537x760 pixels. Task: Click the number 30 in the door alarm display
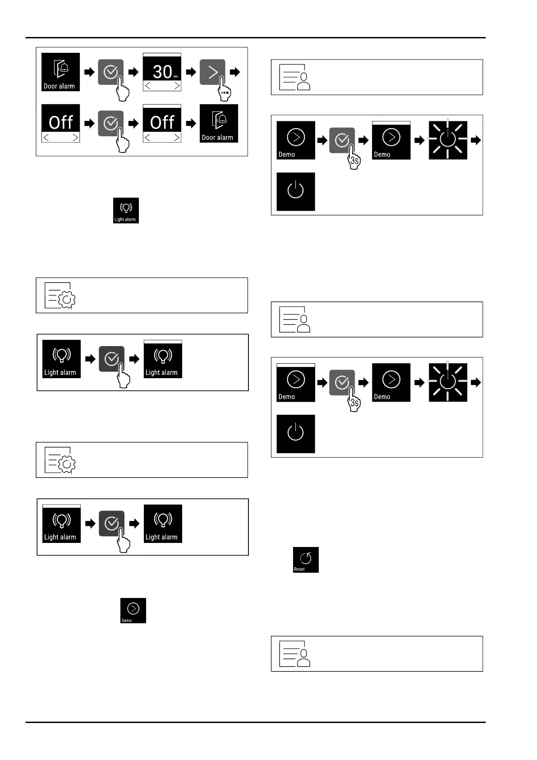pos(162,71)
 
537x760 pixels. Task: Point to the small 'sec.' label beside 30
pos(176,77)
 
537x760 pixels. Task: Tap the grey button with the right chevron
pos(212,72)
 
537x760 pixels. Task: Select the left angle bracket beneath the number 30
pos(147,86)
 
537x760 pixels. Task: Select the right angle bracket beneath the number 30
pos(177,86)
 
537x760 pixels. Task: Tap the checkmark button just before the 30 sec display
pos(110,72)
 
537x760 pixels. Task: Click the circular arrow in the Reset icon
pos(306,558)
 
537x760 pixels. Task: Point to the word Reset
pos(299,570)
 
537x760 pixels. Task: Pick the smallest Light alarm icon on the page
pos(126,210)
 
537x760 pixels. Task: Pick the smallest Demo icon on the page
pos(133,611)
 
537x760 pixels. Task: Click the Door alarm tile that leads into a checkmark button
pos(60,72)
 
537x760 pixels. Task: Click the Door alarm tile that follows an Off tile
pos(219,124)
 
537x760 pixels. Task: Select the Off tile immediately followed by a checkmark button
pos(60,124)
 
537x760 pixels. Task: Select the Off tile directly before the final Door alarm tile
pos(162,124)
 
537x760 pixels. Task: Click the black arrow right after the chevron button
pos(235,72)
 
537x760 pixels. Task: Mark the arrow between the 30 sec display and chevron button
pos(191,72)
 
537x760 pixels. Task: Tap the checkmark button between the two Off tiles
pos(110,123)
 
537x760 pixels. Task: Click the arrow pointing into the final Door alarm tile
pos(191,123)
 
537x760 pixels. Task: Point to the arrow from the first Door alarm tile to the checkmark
pos(90,72)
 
